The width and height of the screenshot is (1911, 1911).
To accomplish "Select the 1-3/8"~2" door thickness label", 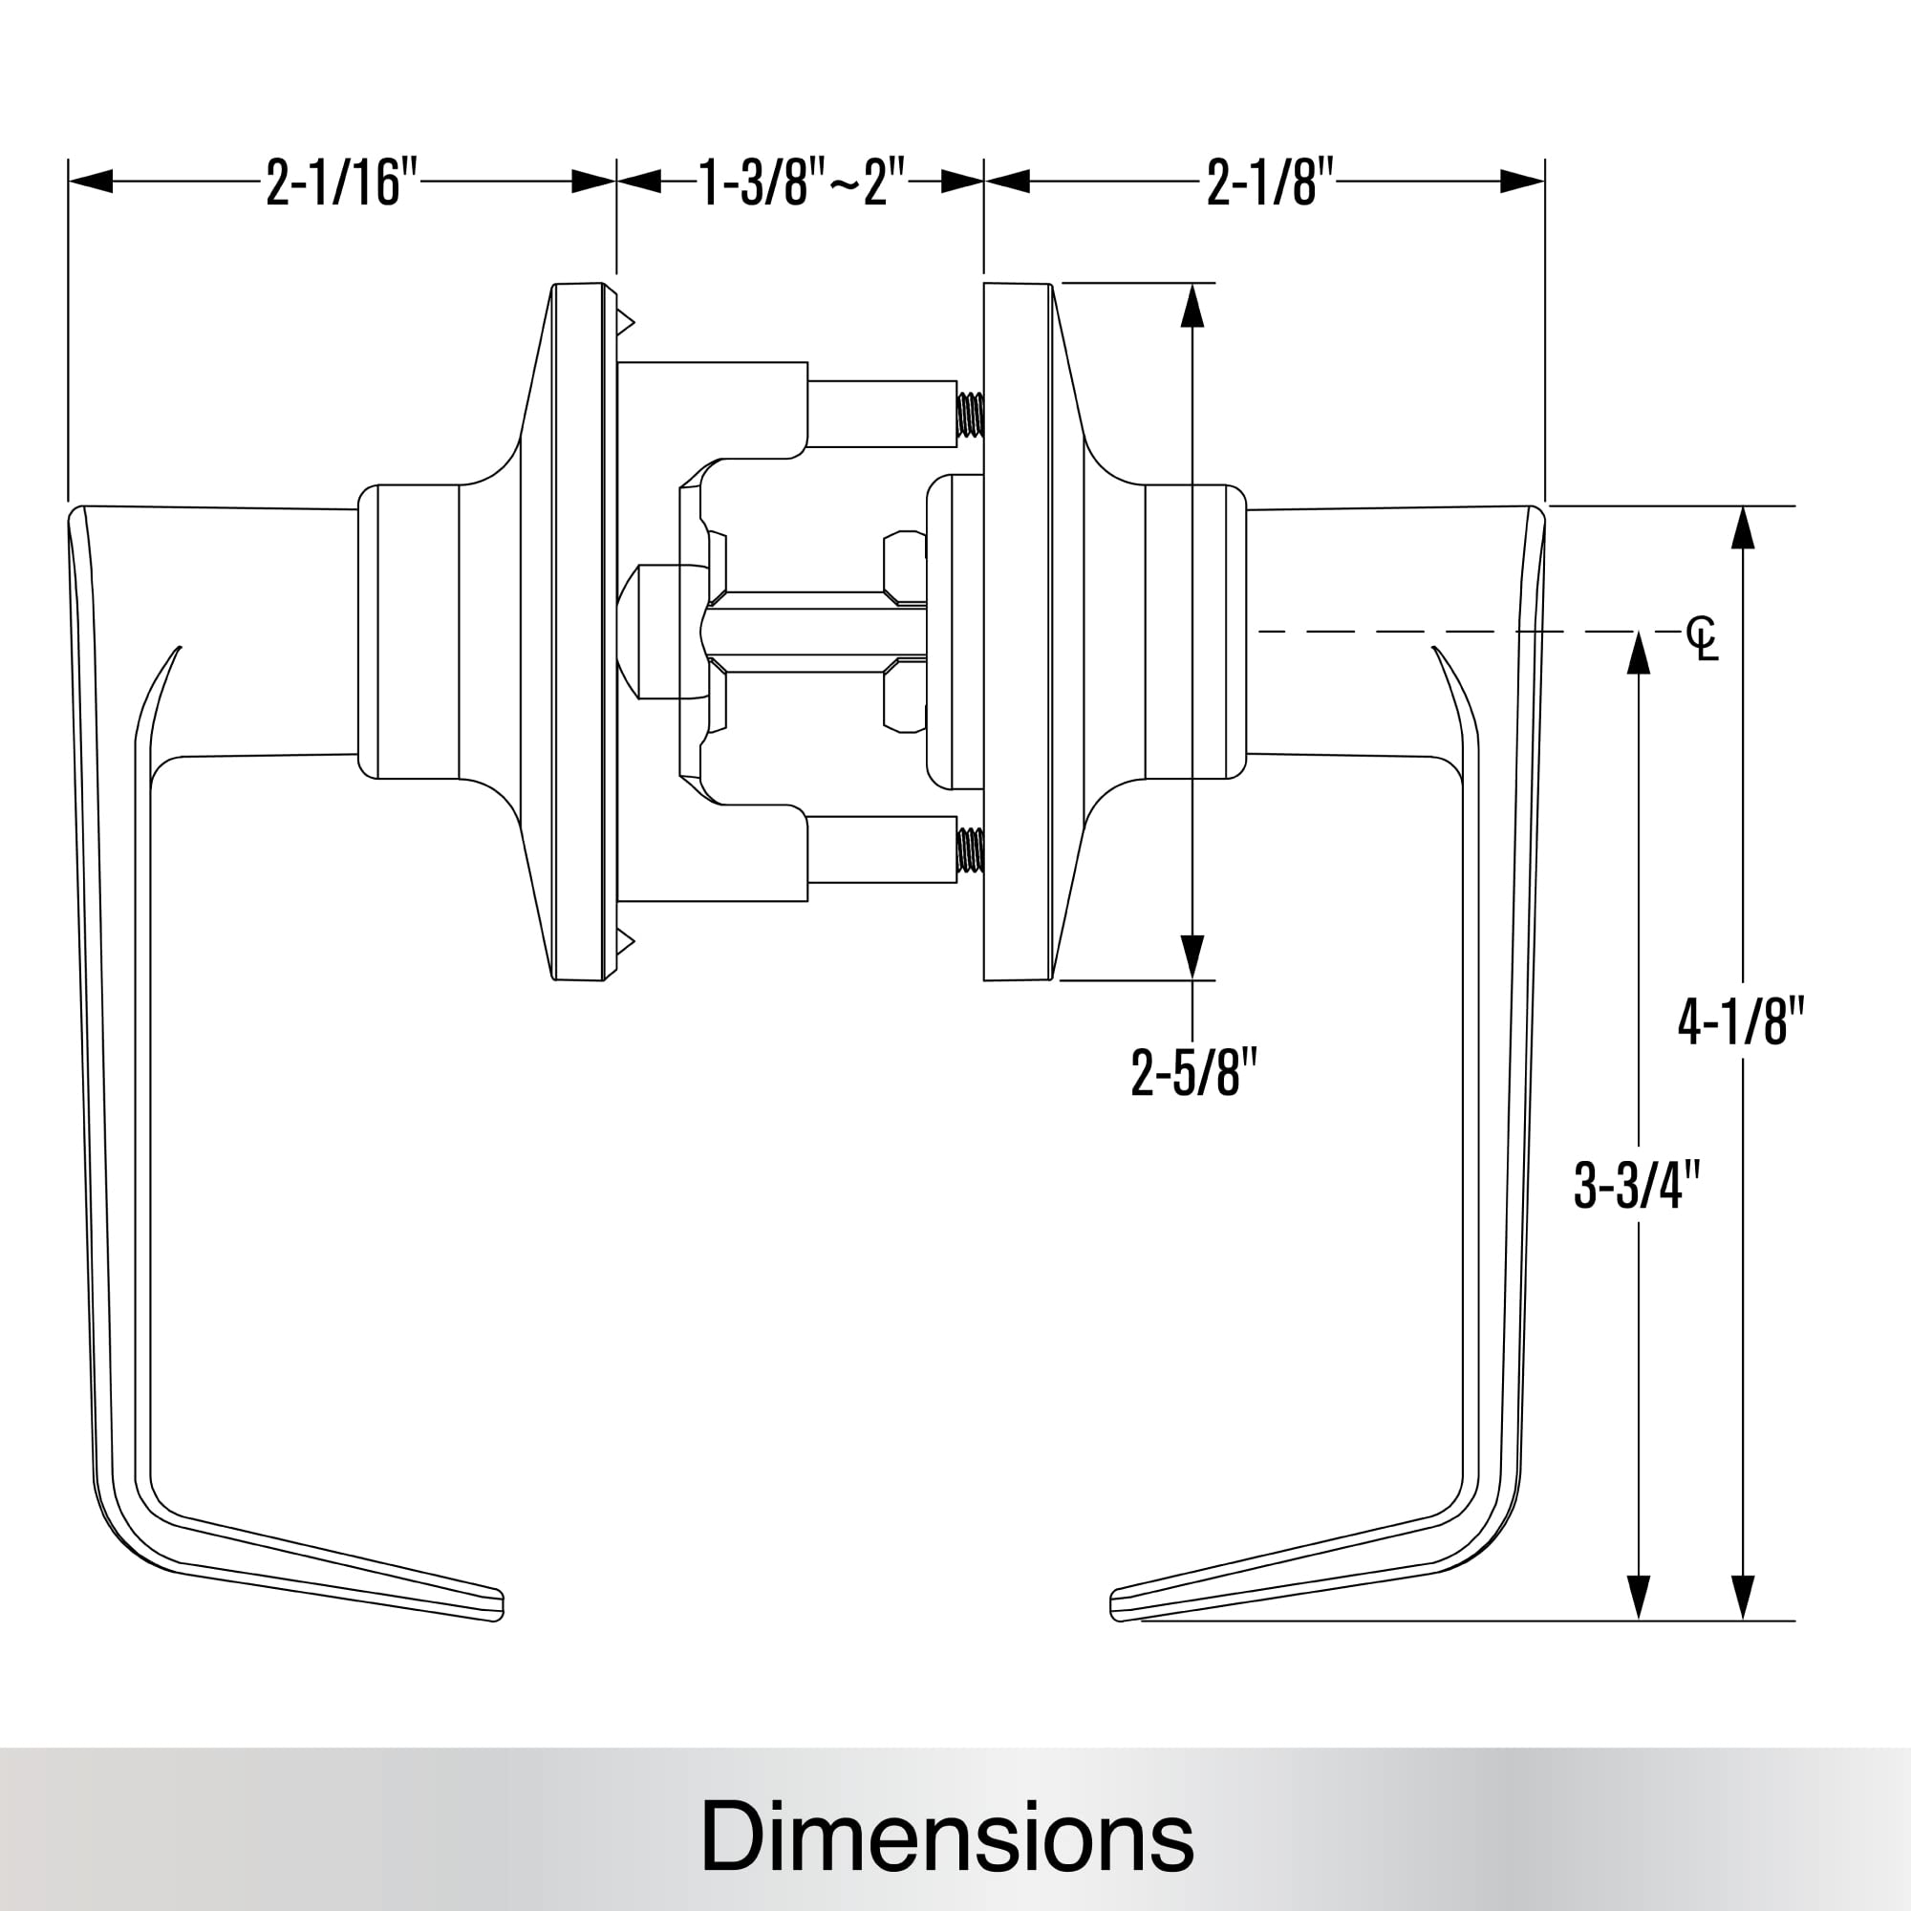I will (x=802, y=182).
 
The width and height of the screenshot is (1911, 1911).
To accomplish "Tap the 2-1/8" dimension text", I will (x=1270, y=182).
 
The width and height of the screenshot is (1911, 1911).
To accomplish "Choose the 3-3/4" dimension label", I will (x=1637, y=1184).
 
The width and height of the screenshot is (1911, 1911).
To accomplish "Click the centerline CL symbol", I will (x=1703, y=638).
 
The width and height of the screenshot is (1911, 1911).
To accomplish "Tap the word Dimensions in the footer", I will (x=947, y=1836).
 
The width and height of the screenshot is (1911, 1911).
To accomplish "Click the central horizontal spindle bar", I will (x=811, y=632).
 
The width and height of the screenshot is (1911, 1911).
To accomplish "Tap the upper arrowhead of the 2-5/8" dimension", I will (x=1192, y=307).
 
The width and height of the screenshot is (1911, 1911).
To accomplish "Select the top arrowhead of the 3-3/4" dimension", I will (x=1638, y=653).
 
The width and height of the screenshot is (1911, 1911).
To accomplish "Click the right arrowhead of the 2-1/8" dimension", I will (x=1521, y=182).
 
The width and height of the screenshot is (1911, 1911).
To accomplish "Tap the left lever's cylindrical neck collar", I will (x=416, y=631).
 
